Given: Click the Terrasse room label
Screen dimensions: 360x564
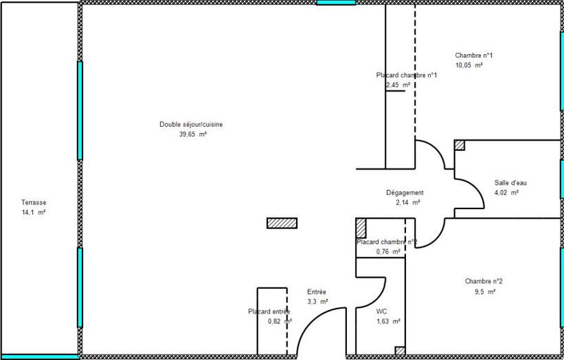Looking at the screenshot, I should (34, 202).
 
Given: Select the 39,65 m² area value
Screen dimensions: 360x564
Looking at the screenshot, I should (192, 134).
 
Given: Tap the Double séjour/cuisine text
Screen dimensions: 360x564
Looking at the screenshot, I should (191, 125).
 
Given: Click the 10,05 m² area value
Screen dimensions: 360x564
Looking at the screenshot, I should (469, 65).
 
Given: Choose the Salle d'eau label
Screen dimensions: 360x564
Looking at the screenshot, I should (510, 182).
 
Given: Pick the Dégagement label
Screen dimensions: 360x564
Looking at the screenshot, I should (405, 192).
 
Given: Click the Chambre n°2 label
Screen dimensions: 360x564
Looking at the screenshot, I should (484, 281).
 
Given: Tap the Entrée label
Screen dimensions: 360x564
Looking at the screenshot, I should (317, 292).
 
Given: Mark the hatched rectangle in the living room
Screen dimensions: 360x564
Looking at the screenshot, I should (282, 223).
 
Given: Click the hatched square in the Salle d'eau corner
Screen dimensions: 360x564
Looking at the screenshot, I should (460, 145).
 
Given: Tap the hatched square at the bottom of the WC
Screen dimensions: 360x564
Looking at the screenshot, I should (400, 350).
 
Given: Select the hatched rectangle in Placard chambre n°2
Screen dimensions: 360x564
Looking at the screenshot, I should (361, 228).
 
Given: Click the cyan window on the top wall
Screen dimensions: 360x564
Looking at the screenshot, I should (336, 3).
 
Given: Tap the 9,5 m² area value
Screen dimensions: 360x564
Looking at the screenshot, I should (484, 290).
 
